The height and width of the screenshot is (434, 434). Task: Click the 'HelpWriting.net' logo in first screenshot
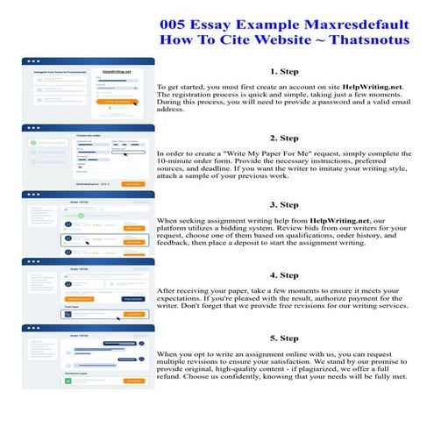116,71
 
